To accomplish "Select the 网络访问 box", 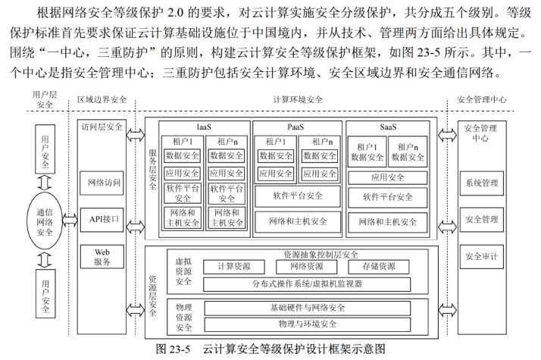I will click(104, 183).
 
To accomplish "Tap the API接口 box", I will click(104, 220).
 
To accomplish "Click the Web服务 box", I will click(104, 256).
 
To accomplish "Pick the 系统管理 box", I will click(481, 183).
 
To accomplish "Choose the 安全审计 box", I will click(481, 256).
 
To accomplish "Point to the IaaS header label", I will click(204, 127).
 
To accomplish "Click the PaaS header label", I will click(296, 127).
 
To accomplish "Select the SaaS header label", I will click(389, 127).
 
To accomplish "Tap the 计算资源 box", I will click(233, 267).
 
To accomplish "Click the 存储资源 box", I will click(378, 267).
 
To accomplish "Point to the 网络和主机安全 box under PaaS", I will click(297, 221).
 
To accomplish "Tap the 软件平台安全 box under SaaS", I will click(388, 197).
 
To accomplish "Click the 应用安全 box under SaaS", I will click(388, 177).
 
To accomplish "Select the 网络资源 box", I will click(306, 267).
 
